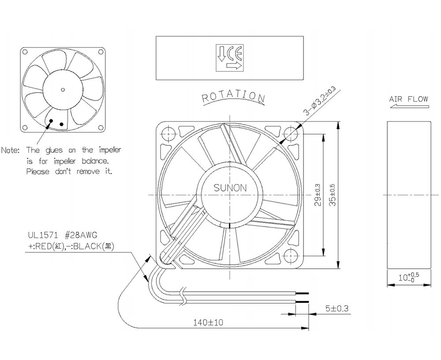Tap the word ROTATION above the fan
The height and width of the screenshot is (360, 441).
pos(233,96)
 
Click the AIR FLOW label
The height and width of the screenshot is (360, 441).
pos(408,99)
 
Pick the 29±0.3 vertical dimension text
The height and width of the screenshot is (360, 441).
pos(318,195)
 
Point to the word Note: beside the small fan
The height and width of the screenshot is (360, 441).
pos(11,150)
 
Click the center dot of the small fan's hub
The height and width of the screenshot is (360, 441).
pos(62,90)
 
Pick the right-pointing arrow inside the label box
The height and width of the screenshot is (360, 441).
pos(234,66)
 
